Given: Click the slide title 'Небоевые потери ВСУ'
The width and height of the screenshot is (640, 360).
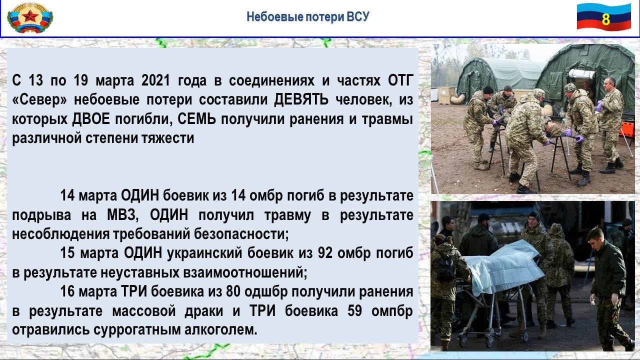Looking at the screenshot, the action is pyautogui.click(x=307, y=17).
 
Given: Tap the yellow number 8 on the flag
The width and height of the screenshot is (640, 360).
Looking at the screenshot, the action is pyautogui.click(x=605, y=19).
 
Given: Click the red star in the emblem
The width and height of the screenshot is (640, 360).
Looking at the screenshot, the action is pyautogui.click(x=29, y=16).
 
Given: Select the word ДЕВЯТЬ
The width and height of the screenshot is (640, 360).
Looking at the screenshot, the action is pyautogui.click(x=301, y=99).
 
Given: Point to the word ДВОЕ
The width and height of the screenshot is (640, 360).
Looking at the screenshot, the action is pyautogui.click(x=91, y=119).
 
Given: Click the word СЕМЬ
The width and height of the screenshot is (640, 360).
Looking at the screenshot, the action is pyautogui.click(x=196, y=119).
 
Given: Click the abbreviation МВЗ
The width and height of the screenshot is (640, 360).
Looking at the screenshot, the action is pyautogui.click(x=123, y=215).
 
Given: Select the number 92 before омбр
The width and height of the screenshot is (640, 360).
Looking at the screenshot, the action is pyautogui.click(x=325, y=253).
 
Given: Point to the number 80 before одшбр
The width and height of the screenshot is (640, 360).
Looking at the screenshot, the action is pyautogui.click(x=233, y=291).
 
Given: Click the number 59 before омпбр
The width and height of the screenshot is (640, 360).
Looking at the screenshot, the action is pyautogui.click(x=355, y=311).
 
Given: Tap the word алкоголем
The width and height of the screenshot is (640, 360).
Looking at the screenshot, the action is pyautogui.click(x=221, y=330).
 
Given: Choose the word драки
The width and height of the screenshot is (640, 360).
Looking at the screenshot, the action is pyautogui.click(x=203, y=311).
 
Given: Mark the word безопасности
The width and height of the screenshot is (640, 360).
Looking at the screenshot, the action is pyautogui.click(x=241, y=234).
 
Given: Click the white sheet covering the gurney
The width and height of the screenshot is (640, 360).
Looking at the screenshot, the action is pyautogui.click(x=504, y=267).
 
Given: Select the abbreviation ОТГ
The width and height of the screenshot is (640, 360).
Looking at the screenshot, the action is pyautogui.click(x=400, y=80).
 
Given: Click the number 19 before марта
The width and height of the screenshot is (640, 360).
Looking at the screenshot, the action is pyautogui.click(x=81, y=80).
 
